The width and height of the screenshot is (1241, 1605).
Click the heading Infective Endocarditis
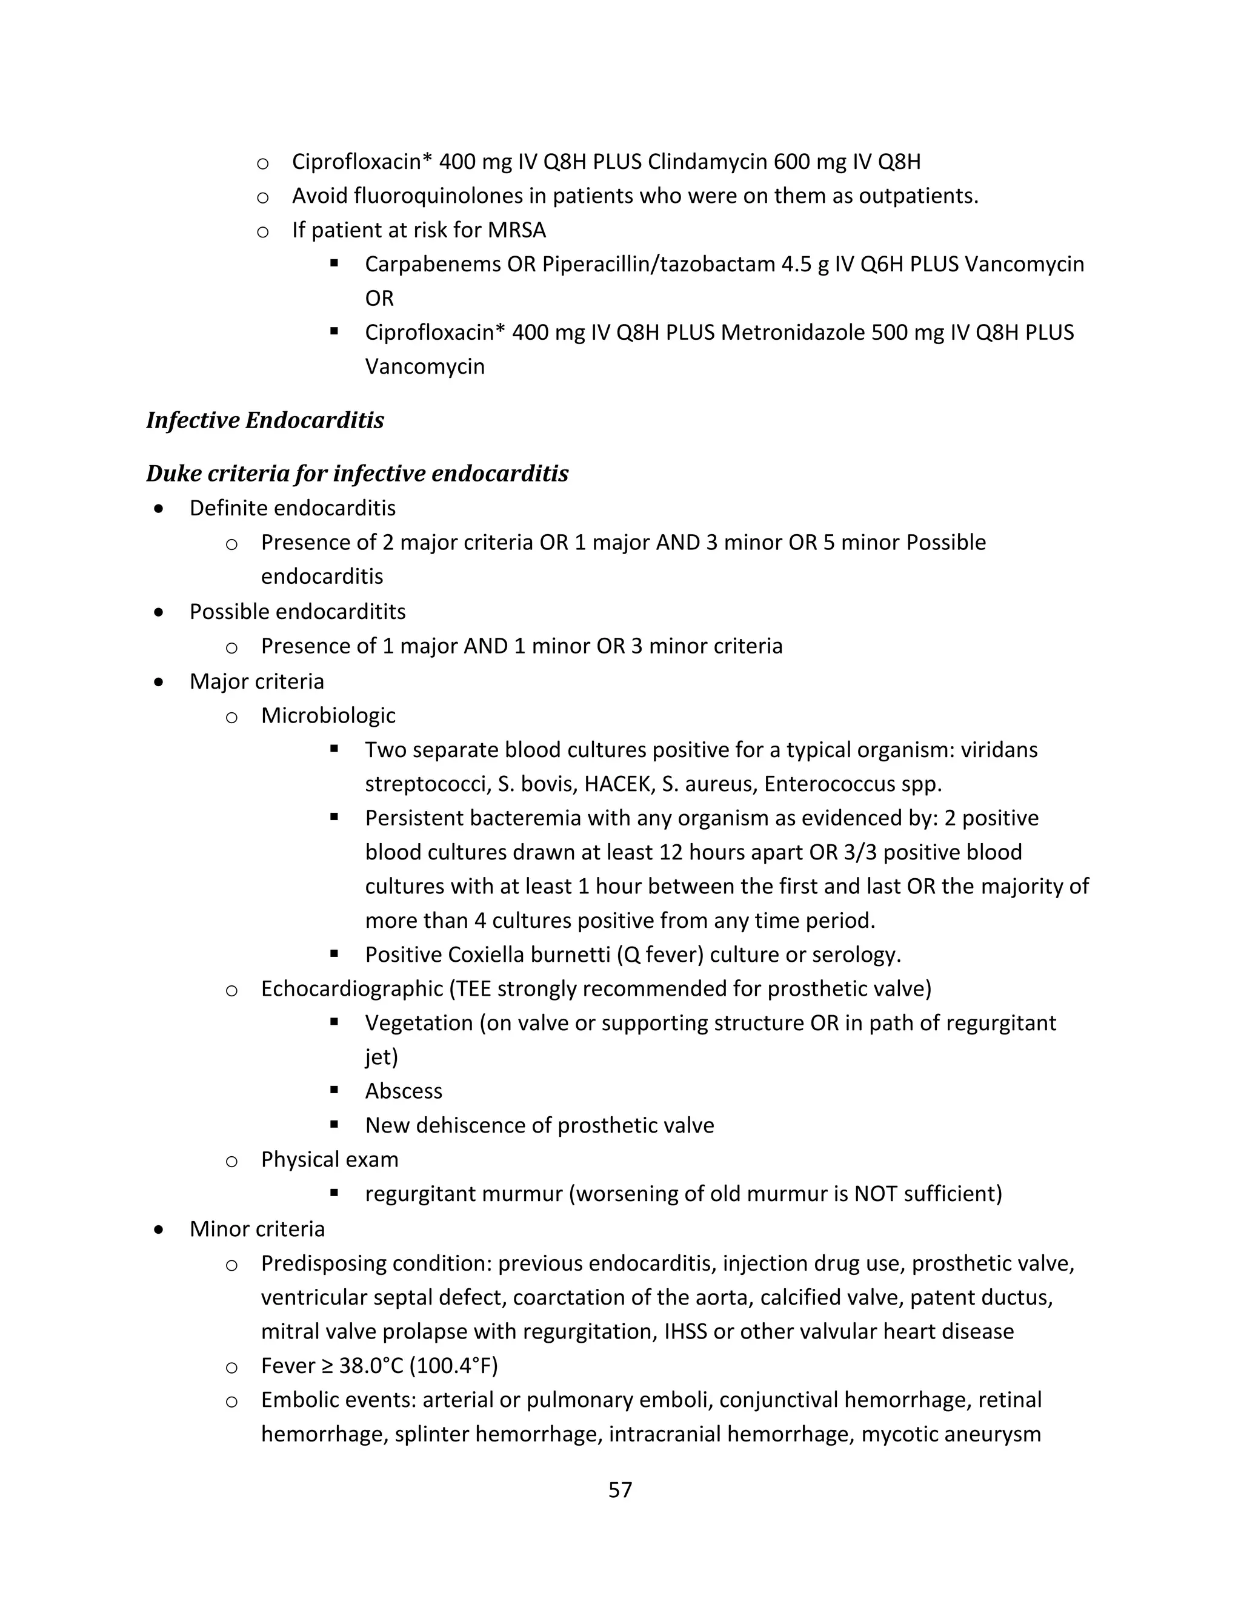click(x=265, y=420)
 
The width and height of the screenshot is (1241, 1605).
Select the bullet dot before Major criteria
click(x=159, y=681)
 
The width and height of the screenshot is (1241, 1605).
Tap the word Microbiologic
click(x=328, y=715)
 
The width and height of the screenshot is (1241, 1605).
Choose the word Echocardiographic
click(x=351, y=988)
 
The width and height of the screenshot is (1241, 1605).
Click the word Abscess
click(x=404, y=1091)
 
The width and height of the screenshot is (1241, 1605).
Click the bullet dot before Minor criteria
click(x=159, y=1229)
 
